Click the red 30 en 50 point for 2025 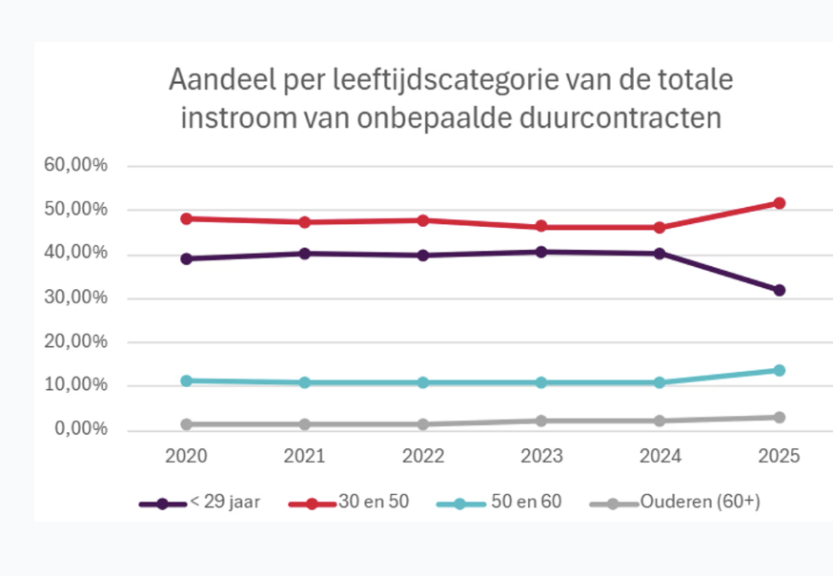pyautogui.click(x=779, y=203)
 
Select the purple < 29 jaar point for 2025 pyautogui.click(x=779, y=290)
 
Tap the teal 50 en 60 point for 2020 pyautogui.click(x=187, y=381)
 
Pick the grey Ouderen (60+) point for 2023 pyautogui.click(x=541, y=421)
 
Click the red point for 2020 pyautogui.click(x=187, y=218)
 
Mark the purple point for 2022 pyautogui.click(x=423, y=256)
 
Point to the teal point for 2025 pyautogui.click(x=779, y=370)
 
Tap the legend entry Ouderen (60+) pyautogui.click(x=701, y=502)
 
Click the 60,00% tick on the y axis pyautogui.click(x=76, y=166)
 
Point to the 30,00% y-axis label pyautogui.click(x=76, y=298)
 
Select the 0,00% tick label pyautogui.click(x=80, y=430)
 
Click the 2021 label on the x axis pyautogui.click(x=305, y=457)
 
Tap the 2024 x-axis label pyautogui.click(x=660, y=457)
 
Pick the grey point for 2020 pyautogui.click(x=187, y=424)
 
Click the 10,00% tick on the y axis pyautogui.click(x=76, y=386)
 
